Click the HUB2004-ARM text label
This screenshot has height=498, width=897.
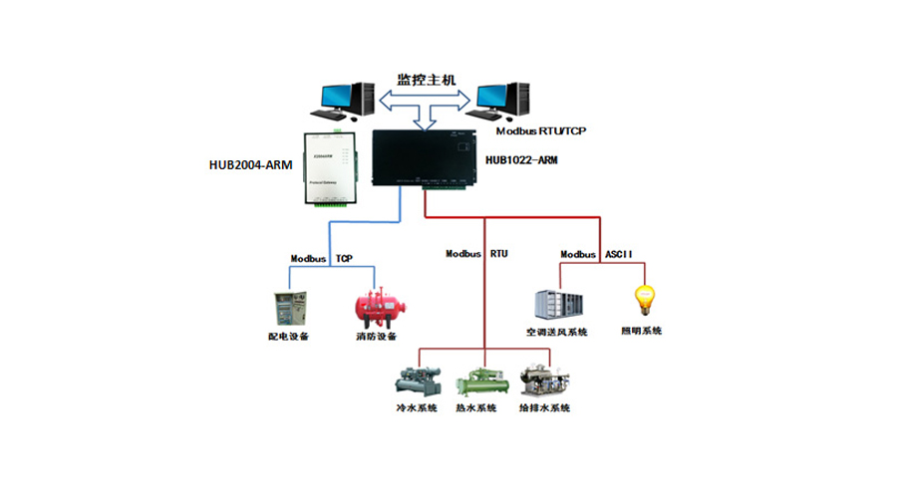tap(250, 165)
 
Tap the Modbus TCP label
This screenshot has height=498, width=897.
tap(321, 258)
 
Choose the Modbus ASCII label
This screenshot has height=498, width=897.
tap(596, 255)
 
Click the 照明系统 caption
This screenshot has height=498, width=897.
tap(642, 331)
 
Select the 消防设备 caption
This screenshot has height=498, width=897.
tap(377, 337)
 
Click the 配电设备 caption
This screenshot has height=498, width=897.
tap(288, 337)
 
